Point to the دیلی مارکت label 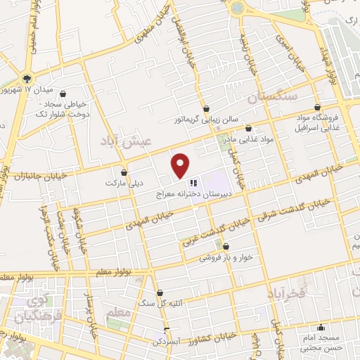[x=124, y=182]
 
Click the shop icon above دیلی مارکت [x=124, y=172]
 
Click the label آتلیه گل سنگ [x=159, y=304]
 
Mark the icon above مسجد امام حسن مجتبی [x=321, y=327]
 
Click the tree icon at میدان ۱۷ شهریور [x=27, y=78]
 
